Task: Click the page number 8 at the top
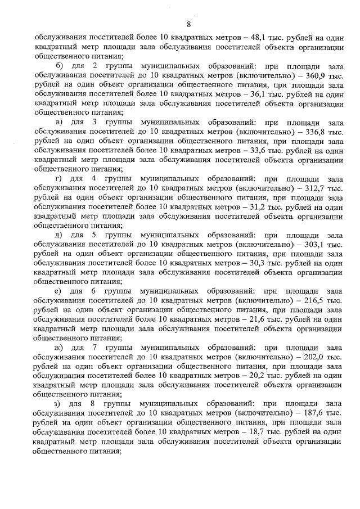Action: [x=188, y=24]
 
